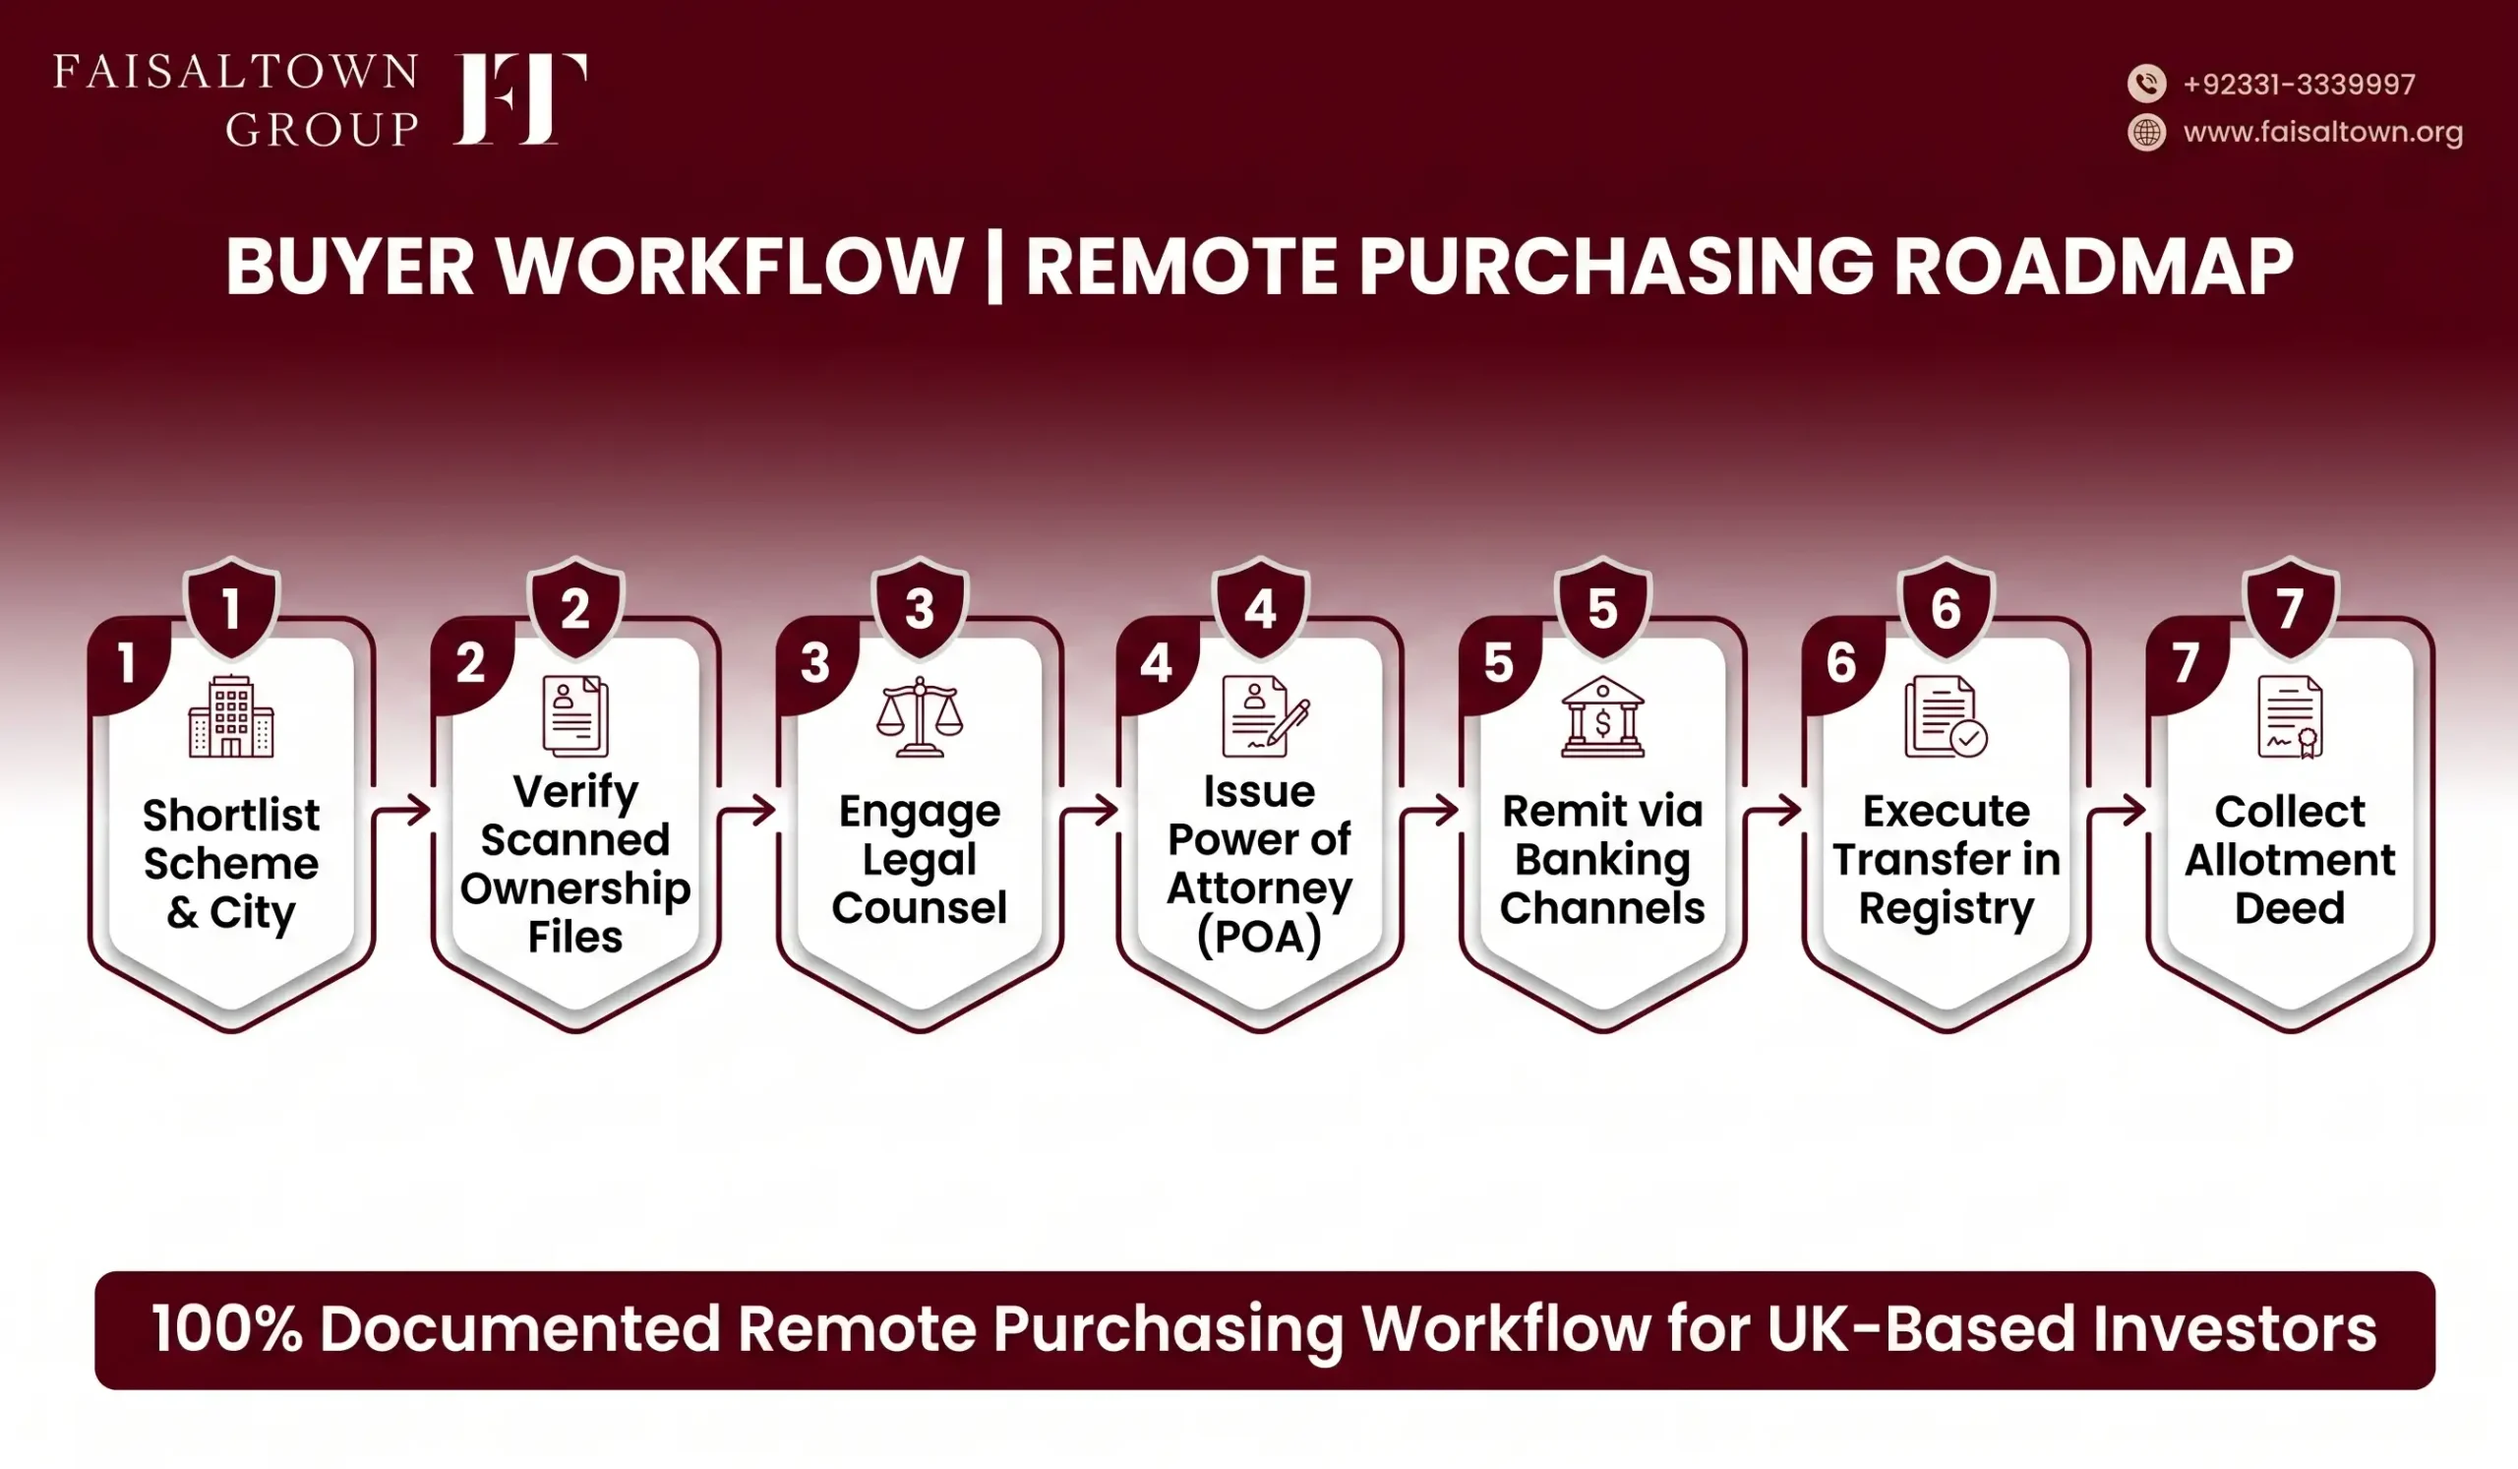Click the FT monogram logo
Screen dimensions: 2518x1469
point(519,99)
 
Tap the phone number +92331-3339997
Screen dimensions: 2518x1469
point(2300,84)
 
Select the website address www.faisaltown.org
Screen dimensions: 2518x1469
point(2323,132)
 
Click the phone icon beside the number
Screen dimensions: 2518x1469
point(2146,83)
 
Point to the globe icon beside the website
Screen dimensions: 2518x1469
point(2146,132)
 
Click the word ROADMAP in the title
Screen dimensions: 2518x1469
point(2093,267)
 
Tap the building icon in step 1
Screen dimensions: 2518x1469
point(231,715)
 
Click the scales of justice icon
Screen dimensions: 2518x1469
point(920,716)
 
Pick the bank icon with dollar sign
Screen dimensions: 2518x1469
point(1602,716)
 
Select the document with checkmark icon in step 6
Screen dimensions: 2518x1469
point(1946,716)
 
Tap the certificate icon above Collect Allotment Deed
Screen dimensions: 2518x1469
point(2290,716)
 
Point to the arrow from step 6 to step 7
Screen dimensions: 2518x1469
point(2118,811)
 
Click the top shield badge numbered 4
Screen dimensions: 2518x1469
point(1260,605)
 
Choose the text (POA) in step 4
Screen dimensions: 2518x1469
point(1259,937)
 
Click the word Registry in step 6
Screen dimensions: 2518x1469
point(1947,909)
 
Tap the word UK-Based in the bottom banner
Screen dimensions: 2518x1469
point(1922,1329)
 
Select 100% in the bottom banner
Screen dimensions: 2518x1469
point(227,1329)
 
